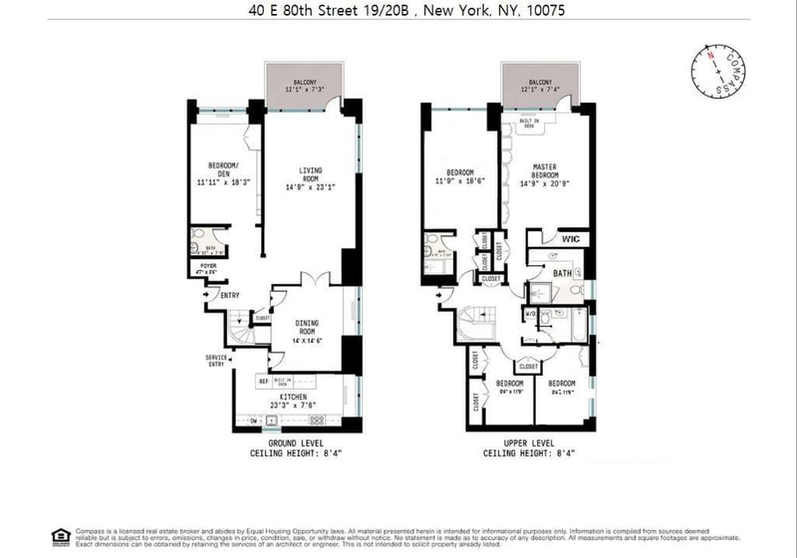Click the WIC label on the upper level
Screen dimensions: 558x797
571,239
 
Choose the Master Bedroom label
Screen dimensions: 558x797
544,172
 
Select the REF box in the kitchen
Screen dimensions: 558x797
263,380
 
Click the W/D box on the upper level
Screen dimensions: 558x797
531,315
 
